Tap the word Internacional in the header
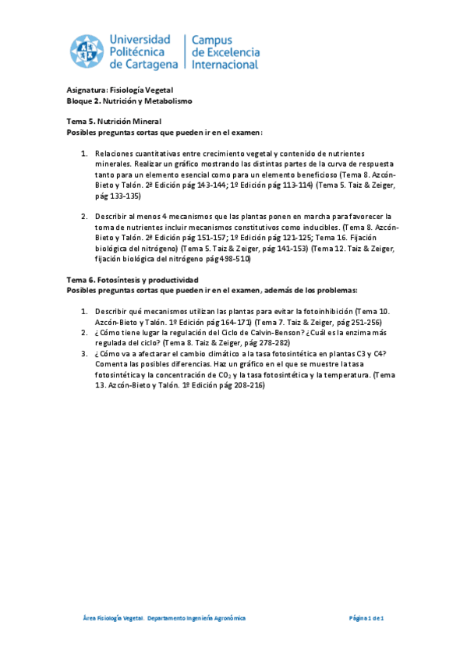(x=225, y=64)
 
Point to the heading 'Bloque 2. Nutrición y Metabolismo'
(x=129, y=101)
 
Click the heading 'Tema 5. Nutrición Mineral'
(x=114, y=122)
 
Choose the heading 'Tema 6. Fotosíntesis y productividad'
(x=133, y=279)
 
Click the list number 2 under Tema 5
(x=84, y=216)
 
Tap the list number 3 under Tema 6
(x=84, y=353)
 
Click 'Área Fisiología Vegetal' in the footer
(x=113, y=618)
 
